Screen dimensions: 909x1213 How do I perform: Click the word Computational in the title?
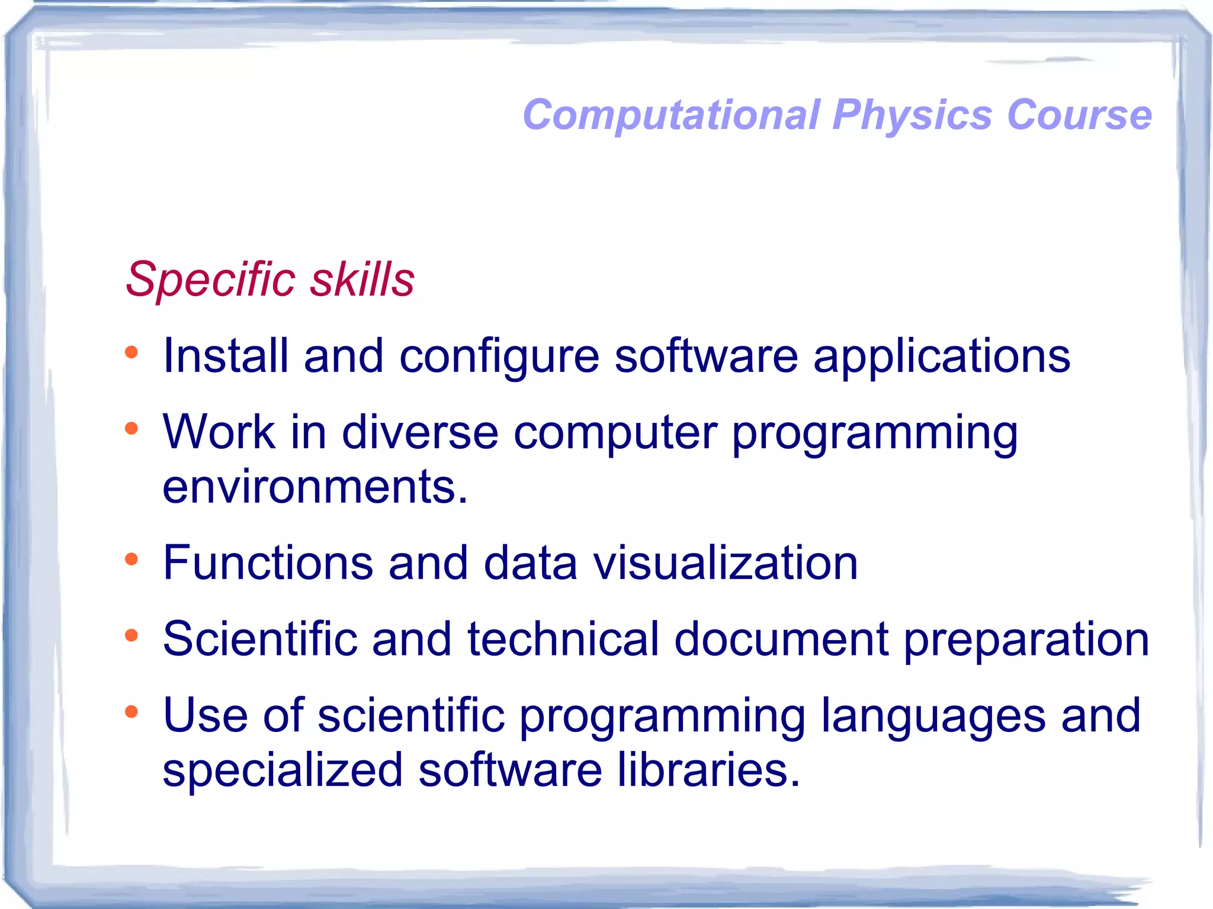[x=671, y=115]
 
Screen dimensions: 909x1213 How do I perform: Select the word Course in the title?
[x=1079, y=115]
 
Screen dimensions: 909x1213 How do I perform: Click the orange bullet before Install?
[x=131, y=354]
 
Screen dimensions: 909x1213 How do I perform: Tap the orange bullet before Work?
[x=131, y=429]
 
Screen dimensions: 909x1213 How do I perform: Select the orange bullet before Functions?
[x=131, y=559]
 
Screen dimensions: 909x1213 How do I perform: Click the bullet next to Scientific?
[x=131, y=636]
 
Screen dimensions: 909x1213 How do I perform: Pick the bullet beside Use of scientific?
[x=131, y=712]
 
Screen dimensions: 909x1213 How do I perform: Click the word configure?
[x=499, y=357]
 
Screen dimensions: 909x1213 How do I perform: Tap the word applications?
[x=942, y=357]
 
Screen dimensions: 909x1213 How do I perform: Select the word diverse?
[x=420, y=432]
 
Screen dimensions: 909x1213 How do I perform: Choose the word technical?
[x=563, y=640]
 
